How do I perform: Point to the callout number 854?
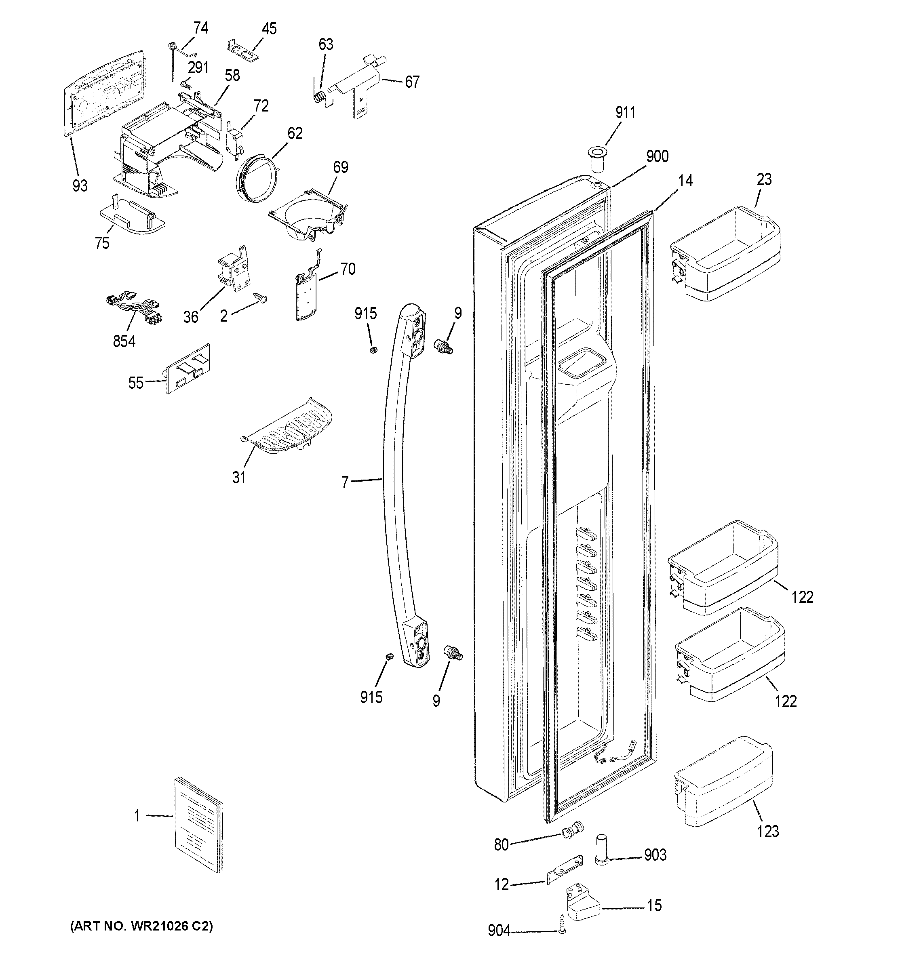124,341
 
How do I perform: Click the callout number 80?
501,844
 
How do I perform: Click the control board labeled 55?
188,368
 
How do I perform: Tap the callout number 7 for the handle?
345,482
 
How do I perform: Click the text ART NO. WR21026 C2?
141,926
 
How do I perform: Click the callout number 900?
657,156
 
